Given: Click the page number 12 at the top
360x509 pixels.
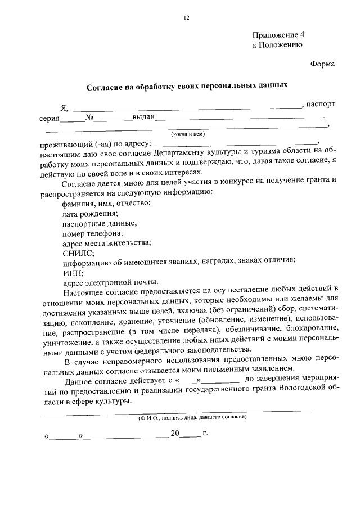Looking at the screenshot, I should point(186,18).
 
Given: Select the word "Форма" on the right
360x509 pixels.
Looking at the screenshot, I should point(322,64).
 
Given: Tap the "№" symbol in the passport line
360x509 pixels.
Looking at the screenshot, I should point(89,118).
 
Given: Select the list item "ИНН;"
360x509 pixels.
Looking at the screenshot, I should point(73,273).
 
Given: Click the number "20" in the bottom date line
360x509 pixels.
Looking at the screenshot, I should point(175,434).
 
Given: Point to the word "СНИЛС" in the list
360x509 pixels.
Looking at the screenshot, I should point(77,253).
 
